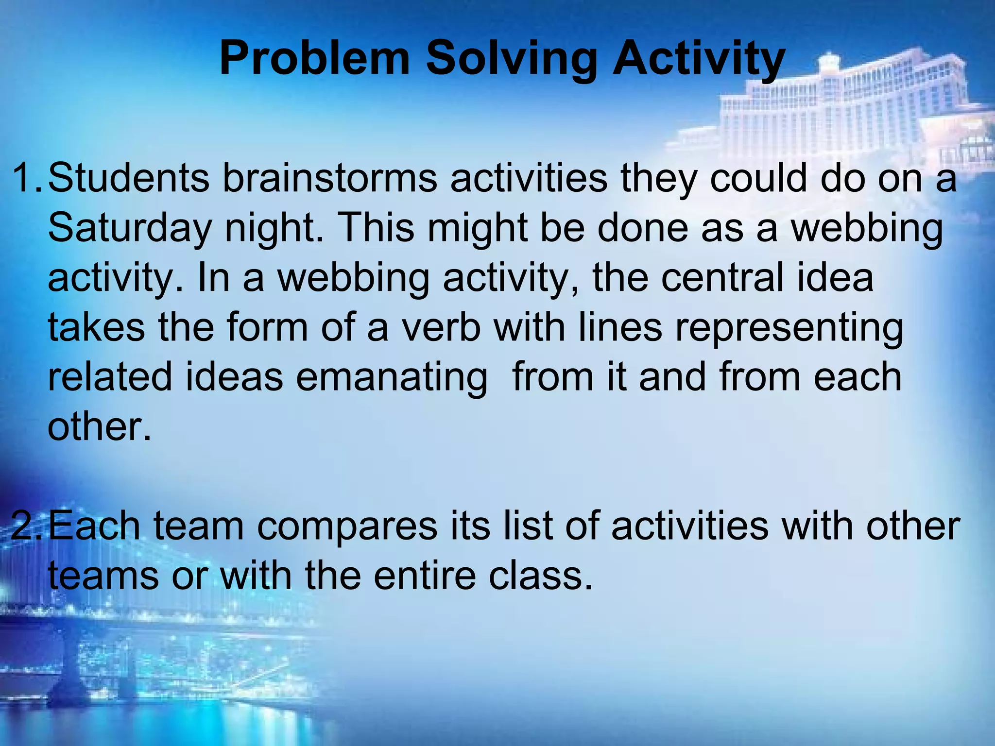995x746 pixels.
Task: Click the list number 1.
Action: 27,178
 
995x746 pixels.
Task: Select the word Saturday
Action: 130,228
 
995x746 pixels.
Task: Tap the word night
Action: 274,228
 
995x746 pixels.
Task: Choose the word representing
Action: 789,327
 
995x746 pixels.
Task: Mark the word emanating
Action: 392,377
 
